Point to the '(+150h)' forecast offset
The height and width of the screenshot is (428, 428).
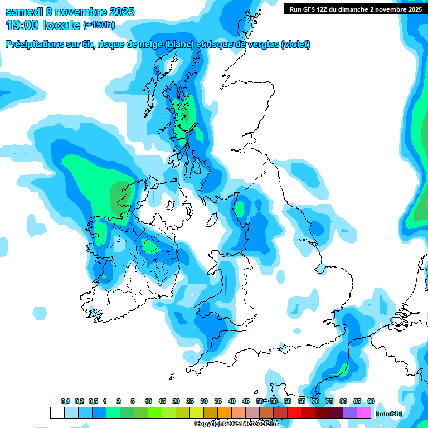coord(99,25)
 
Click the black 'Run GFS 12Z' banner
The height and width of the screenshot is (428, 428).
coord(354,9)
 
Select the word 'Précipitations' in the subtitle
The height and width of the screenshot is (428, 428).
coord(34,45)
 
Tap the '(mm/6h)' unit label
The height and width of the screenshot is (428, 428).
coord(388,414)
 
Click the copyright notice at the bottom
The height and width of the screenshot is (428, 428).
coord(236,424)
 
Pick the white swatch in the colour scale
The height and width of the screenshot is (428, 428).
coord(57,413)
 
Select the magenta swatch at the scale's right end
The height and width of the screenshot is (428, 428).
coord(364,413)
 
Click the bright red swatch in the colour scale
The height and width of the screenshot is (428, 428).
coord(294,413)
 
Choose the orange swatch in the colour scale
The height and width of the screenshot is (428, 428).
coord(225,413)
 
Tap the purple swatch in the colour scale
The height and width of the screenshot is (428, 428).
coord(350,413)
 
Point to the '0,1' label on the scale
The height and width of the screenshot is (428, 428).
coord(65,402)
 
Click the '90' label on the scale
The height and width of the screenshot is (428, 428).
coord(371,402)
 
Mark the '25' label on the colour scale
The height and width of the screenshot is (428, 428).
coord(190,402)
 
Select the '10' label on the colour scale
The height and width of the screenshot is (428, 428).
coord(148,402)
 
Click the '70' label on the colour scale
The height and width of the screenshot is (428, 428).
coord(315,402)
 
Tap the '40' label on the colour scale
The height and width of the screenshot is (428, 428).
coord(232,402)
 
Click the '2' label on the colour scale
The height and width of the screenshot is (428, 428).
coord(119,402)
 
